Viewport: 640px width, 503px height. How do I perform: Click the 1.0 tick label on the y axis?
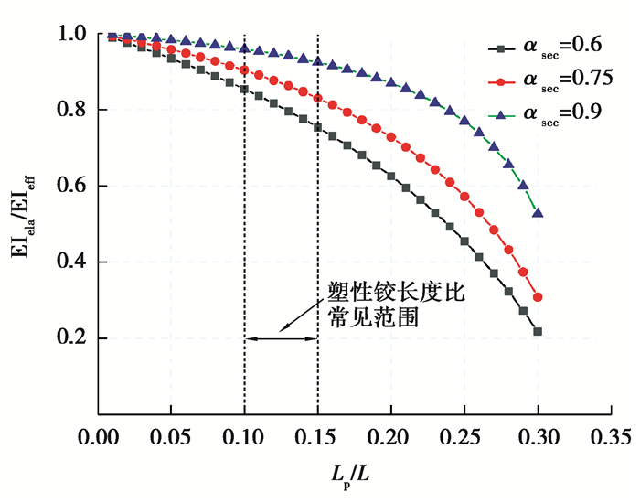[x=74, y=35]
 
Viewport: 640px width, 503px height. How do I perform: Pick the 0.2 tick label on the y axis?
[x=74, y=339]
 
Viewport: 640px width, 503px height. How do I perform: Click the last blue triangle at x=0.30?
[x=538, y=212]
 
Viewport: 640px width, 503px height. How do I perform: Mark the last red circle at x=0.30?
[x=538, y=297]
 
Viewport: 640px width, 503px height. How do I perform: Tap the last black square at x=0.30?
[x=538, y=331]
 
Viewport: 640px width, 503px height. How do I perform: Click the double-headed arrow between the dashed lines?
[x=281, y=339]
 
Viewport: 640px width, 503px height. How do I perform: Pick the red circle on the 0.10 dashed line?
[x=244, y=70]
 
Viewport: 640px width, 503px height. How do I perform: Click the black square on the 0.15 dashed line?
[x=317, y=127]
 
